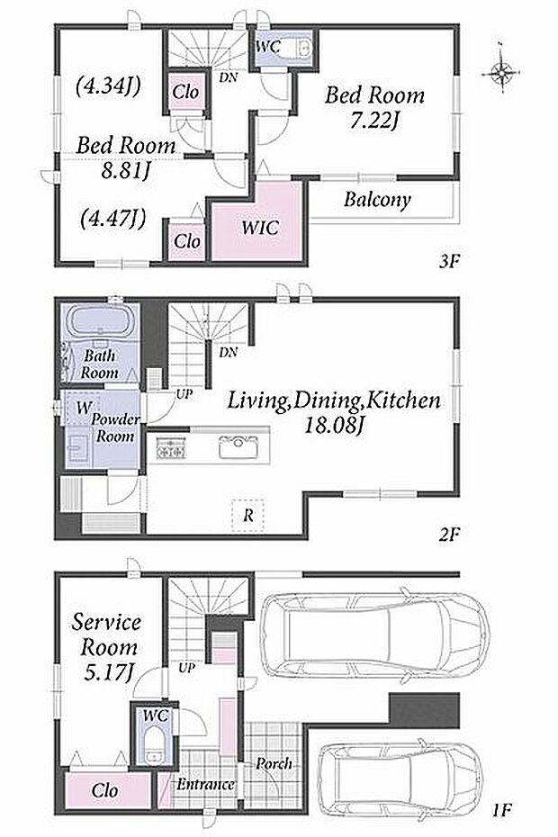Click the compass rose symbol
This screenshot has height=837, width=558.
coord(502,71)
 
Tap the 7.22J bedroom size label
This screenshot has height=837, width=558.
coord(374,121)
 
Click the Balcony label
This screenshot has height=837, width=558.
coord(377,200)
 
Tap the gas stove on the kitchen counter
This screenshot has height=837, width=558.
coord(171,446)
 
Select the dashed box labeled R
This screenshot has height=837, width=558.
coord(248,516)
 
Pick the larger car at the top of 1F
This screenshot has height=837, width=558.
coord(373,635)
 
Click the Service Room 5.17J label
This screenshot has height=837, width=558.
coord(107,647)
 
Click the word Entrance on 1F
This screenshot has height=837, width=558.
coord(205,785)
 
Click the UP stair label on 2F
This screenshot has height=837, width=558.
coord(184,394)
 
